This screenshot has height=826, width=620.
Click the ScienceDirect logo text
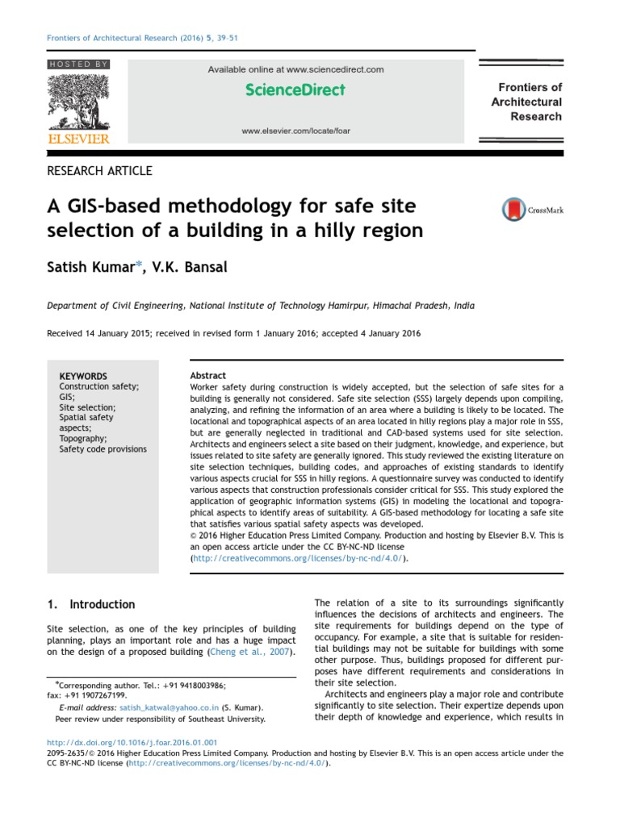(x=295, y=90)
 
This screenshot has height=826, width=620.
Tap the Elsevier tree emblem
(x=78, y=102)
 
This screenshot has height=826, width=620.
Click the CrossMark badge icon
(x=513, y=210)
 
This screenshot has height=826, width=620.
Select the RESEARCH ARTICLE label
(x=100, y=171)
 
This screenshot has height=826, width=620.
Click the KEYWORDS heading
(x=83, y=376)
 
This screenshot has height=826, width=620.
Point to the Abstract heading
(x=207, y=376)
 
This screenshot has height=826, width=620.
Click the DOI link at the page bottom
(x=132, y=741)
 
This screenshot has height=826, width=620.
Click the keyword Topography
(x=83, y=439)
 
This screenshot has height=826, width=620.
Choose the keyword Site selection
(x=87, y=407)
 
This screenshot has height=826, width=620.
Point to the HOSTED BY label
(x=78, y=64)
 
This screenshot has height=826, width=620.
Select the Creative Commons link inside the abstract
(x=298, y=557)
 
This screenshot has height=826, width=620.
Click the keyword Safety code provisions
(x=103, y=449)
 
